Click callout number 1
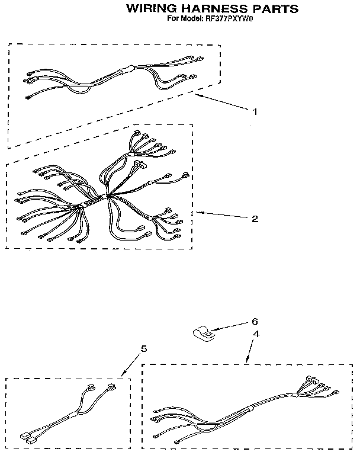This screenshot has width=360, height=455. [x=255, y=112]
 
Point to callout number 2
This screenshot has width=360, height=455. [x=255, y=219]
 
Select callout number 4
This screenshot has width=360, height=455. [x=256, y=334]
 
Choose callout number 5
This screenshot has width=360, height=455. [x=144, y=348]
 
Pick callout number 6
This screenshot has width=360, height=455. [x=255, y=321]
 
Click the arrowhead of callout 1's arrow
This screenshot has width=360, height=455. [x=197, y=95]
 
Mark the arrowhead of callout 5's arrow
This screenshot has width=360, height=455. [x=123, y=375]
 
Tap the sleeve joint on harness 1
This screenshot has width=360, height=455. [x=127, y=70]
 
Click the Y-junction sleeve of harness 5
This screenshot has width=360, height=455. [x=73, y=416]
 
